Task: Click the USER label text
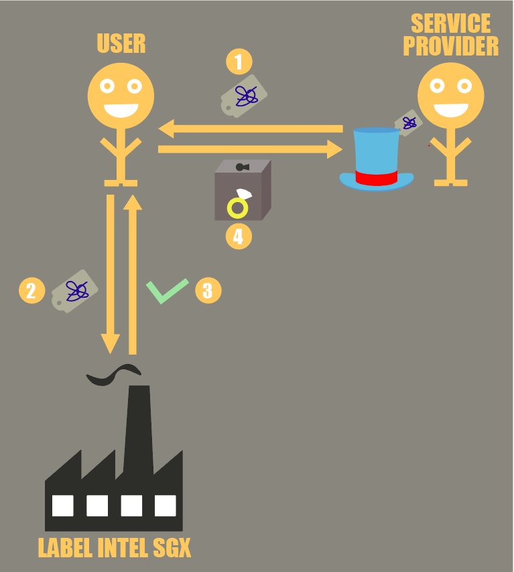[121, 43]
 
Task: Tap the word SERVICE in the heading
[451, 23]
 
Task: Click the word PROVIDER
[451, 46]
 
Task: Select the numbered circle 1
[239, 62]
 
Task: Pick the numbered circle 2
[31, 290]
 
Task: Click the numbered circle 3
[208, 290]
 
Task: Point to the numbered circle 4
[239, 236]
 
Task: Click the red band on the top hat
[376, 178]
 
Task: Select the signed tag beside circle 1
[244, 96]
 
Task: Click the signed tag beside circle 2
[74, 291]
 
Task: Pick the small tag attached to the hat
[408, 123]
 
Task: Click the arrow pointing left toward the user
[251, 128]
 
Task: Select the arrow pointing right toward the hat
[250, 149]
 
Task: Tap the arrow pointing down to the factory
[111, 274]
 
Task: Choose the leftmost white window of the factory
[63, 506]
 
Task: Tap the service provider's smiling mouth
[451, 110]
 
